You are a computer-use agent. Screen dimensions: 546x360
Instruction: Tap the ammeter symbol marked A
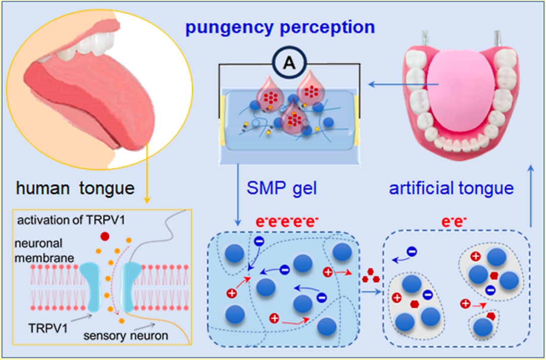click(290, 63)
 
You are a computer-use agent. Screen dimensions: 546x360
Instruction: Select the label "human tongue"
click(75, 189)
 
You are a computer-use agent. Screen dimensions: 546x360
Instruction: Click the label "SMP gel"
click(282, 189)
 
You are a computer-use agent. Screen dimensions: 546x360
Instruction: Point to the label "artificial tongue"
click(451, 188)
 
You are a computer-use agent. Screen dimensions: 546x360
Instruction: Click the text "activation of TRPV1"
click(58, 220)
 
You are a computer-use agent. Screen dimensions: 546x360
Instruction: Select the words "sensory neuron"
click(126, 335)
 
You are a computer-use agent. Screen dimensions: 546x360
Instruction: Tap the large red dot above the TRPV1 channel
click(105, 237)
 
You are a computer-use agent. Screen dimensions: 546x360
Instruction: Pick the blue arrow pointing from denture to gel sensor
click(403, 84)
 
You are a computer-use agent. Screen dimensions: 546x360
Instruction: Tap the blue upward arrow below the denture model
click(531, 196)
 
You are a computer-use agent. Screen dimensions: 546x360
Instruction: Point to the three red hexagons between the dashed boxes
click(370, 275)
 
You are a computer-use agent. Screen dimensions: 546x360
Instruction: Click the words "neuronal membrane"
click(44, 250)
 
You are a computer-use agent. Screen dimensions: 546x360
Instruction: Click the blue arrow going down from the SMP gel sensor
click(238, 194)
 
